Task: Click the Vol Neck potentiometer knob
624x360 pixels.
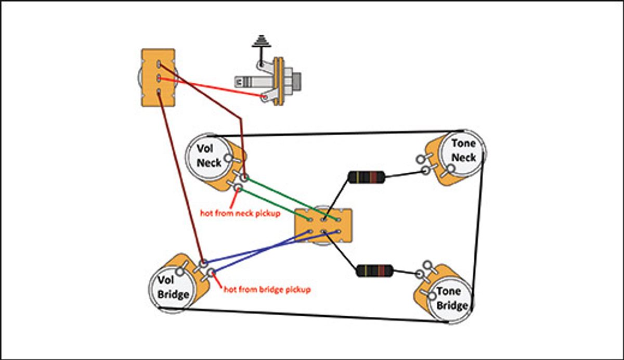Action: pos(209,156)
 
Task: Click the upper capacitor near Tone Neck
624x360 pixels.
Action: pos(367,177)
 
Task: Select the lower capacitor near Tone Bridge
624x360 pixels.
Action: pos(374,271)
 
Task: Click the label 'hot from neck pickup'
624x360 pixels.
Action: pos(240,213)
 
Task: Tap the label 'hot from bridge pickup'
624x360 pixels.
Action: pos(267,288)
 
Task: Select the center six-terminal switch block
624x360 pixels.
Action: pos(323,225)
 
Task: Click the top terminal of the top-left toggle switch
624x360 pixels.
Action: pos(158,65)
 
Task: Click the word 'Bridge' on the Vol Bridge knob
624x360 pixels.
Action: pos(173,295)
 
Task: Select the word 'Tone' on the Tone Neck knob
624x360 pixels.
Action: pos(463,144)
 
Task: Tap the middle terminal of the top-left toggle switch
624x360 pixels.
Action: pos(158,79)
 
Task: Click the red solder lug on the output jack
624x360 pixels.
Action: pos(266,97)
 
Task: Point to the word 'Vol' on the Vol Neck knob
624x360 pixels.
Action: pos(205,148)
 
